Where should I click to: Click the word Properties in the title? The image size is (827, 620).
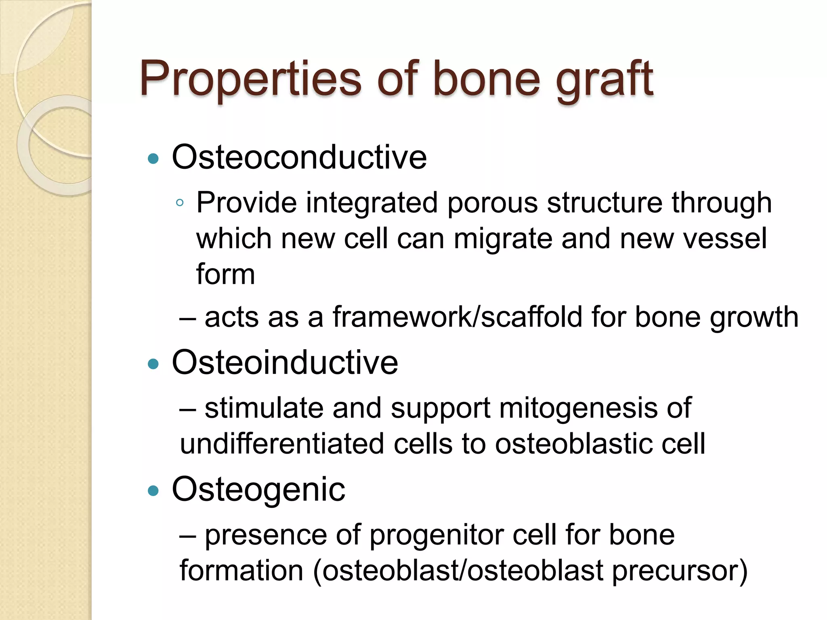click(250, 79)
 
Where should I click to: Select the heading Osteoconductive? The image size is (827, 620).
click(299, 157)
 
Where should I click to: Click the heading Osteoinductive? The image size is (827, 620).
click(285, 362)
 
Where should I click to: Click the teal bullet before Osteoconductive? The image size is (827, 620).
click(153, 158)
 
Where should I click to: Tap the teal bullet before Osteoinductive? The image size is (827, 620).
click(153, 364)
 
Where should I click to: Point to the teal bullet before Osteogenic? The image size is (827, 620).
click(153, 491)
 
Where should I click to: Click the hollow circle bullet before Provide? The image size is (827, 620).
click(180, 203)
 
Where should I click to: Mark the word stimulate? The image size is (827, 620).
click(264, 408)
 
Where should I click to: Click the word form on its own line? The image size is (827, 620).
click(225, 274)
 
